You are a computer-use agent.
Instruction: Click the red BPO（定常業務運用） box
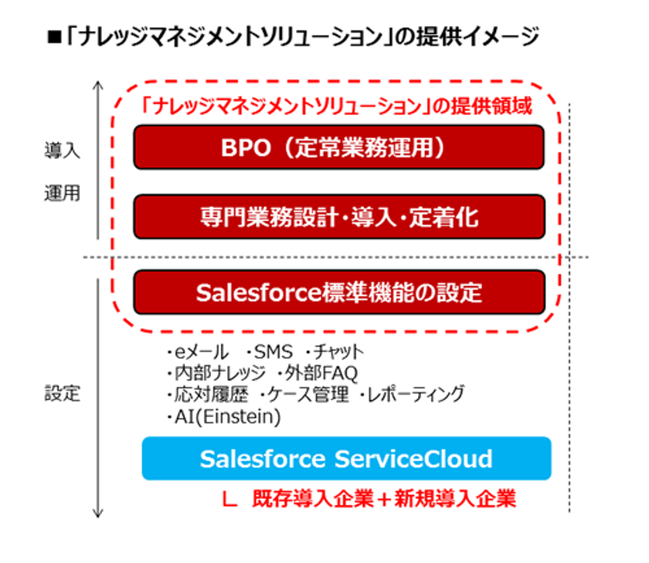(338, 147)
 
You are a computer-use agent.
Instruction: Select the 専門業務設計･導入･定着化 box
(338, 217)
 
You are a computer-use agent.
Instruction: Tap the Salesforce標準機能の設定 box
(338, 292)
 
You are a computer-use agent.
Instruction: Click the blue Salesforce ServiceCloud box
(346, 459)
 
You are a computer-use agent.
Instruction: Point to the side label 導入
(62, 151)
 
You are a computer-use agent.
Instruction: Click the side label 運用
(62, 193)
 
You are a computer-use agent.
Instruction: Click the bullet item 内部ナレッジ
(219, 374)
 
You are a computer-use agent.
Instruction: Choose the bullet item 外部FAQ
(321, 374)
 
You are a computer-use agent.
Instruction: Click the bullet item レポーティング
(416, 395)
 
